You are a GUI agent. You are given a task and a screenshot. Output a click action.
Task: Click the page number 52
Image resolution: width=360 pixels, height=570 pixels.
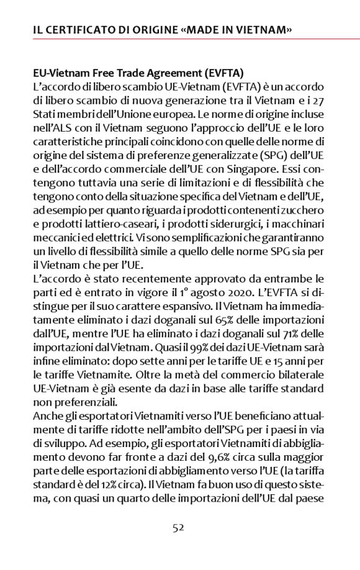coord(179,528)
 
